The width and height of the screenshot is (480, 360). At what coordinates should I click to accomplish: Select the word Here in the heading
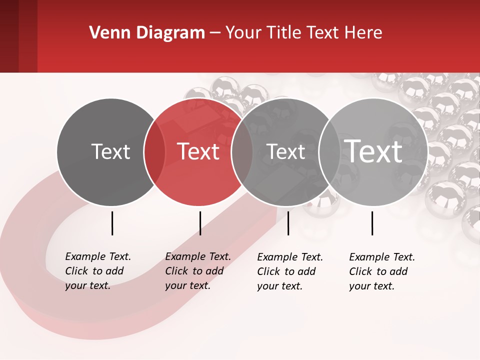point(362,33)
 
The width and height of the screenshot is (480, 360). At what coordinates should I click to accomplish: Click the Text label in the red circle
point(198,151)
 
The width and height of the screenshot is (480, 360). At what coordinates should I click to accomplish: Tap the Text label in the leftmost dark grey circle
point(111,151)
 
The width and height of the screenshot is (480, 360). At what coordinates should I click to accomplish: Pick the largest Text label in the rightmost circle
point(373,151)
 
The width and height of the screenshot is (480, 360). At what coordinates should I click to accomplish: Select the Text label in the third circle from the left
point(286,151)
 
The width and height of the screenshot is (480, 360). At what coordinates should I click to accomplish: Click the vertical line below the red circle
point(200,223)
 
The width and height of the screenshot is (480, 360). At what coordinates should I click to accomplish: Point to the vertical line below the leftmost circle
point(112,223)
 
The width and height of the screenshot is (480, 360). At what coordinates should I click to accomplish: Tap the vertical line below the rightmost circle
point(372,223)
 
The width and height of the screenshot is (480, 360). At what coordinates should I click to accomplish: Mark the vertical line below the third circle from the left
point(288,223)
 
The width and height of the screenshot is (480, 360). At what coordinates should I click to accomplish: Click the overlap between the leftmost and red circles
point(154,152)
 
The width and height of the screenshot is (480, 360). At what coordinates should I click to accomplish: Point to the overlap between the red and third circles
point(242,152)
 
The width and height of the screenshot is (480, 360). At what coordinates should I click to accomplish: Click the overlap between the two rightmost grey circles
point(329,152)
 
